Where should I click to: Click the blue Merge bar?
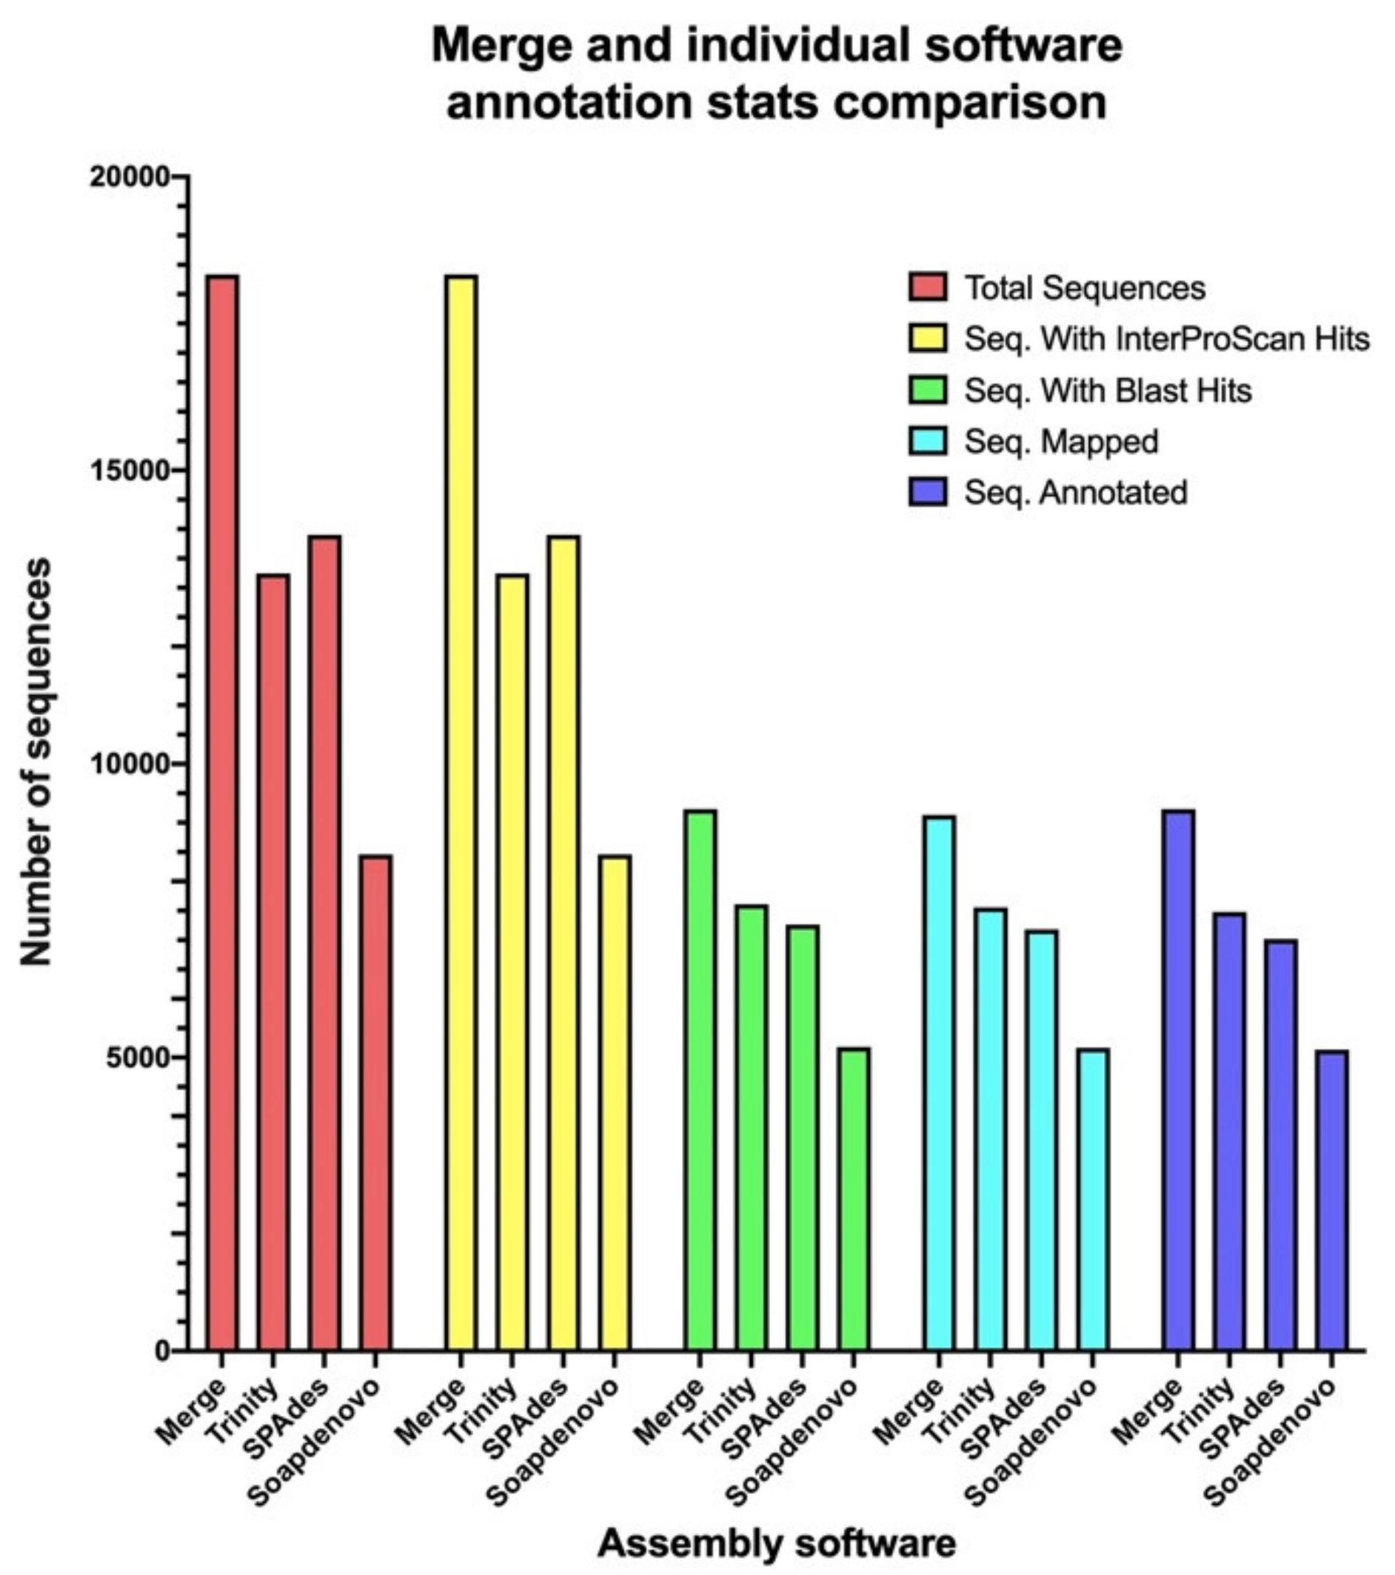pyautogui.click(x=1177, y=1080)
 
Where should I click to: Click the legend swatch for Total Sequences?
pyautogui.click(x=928, y=286)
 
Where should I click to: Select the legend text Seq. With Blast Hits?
pyautogui.click(x=1108, y=391)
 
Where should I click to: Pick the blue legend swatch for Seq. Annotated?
pyautogui.click(x=928, y=492)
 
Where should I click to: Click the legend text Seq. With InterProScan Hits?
pyautogui.click(x=1167, y=339)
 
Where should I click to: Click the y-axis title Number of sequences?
pyautogui.click(x=36, y=762)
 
